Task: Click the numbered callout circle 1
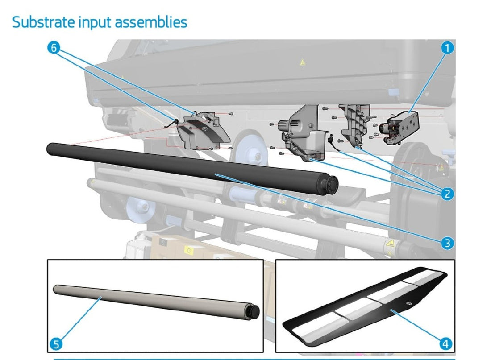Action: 447,48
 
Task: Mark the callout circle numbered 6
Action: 54,48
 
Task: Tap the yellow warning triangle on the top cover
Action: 302,63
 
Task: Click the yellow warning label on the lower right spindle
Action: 391,244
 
